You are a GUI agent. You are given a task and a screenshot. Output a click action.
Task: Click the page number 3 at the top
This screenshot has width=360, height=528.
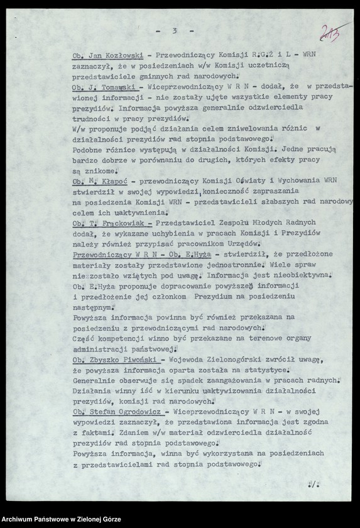click(175, 30)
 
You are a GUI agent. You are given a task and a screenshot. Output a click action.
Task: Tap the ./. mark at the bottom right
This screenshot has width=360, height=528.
click(312, 485)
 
